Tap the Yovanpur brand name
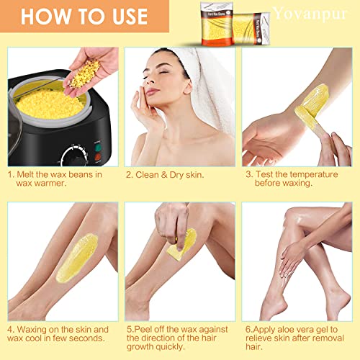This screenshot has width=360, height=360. click(x=317, y=13)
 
